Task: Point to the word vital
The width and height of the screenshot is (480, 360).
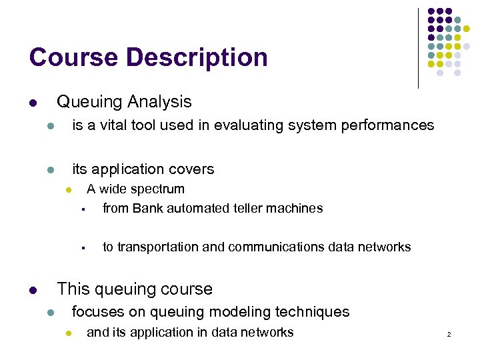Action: [108, 125]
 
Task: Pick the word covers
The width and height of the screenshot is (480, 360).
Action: [191, 169]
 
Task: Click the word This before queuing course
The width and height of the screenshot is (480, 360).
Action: [74, 289]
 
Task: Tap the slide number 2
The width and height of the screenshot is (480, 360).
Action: [449, 334]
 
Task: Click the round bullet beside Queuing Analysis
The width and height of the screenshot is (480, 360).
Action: [33, 103]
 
